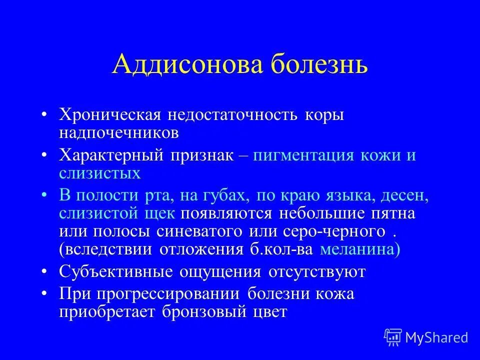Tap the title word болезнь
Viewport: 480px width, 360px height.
pos(315,65)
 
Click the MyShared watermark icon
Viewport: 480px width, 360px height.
pos(393,336)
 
